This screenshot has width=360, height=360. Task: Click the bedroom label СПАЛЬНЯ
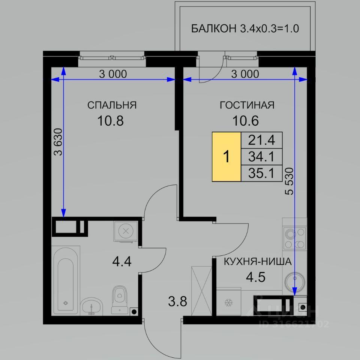tap(112, 105)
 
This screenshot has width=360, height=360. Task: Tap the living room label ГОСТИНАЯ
tap(247, 105)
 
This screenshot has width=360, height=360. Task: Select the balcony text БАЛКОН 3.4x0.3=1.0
tap(245, 29)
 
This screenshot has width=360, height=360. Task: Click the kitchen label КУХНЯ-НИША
tap(258, 261)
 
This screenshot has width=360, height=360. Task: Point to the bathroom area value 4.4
tap(121, 261)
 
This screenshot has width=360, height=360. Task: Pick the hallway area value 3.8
tap(177, 301)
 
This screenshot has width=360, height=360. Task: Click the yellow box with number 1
tap(226, 157)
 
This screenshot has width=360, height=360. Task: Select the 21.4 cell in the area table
tap(261, 140)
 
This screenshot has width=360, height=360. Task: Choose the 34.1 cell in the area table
tap(261, 157)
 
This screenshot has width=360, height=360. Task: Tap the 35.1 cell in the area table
tap(261, 173)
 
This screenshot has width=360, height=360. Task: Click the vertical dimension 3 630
tap(58, 142)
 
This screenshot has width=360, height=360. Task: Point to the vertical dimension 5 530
tap(289, 181)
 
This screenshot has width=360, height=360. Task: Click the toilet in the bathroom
tap(119, 300)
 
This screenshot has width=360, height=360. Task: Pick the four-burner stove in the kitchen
tap(295, 238)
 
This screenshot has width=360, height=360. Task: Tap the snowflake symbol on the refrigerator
tap(228, 303)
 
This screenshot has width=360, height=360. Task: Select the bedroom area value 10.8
tap(110, 121)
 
